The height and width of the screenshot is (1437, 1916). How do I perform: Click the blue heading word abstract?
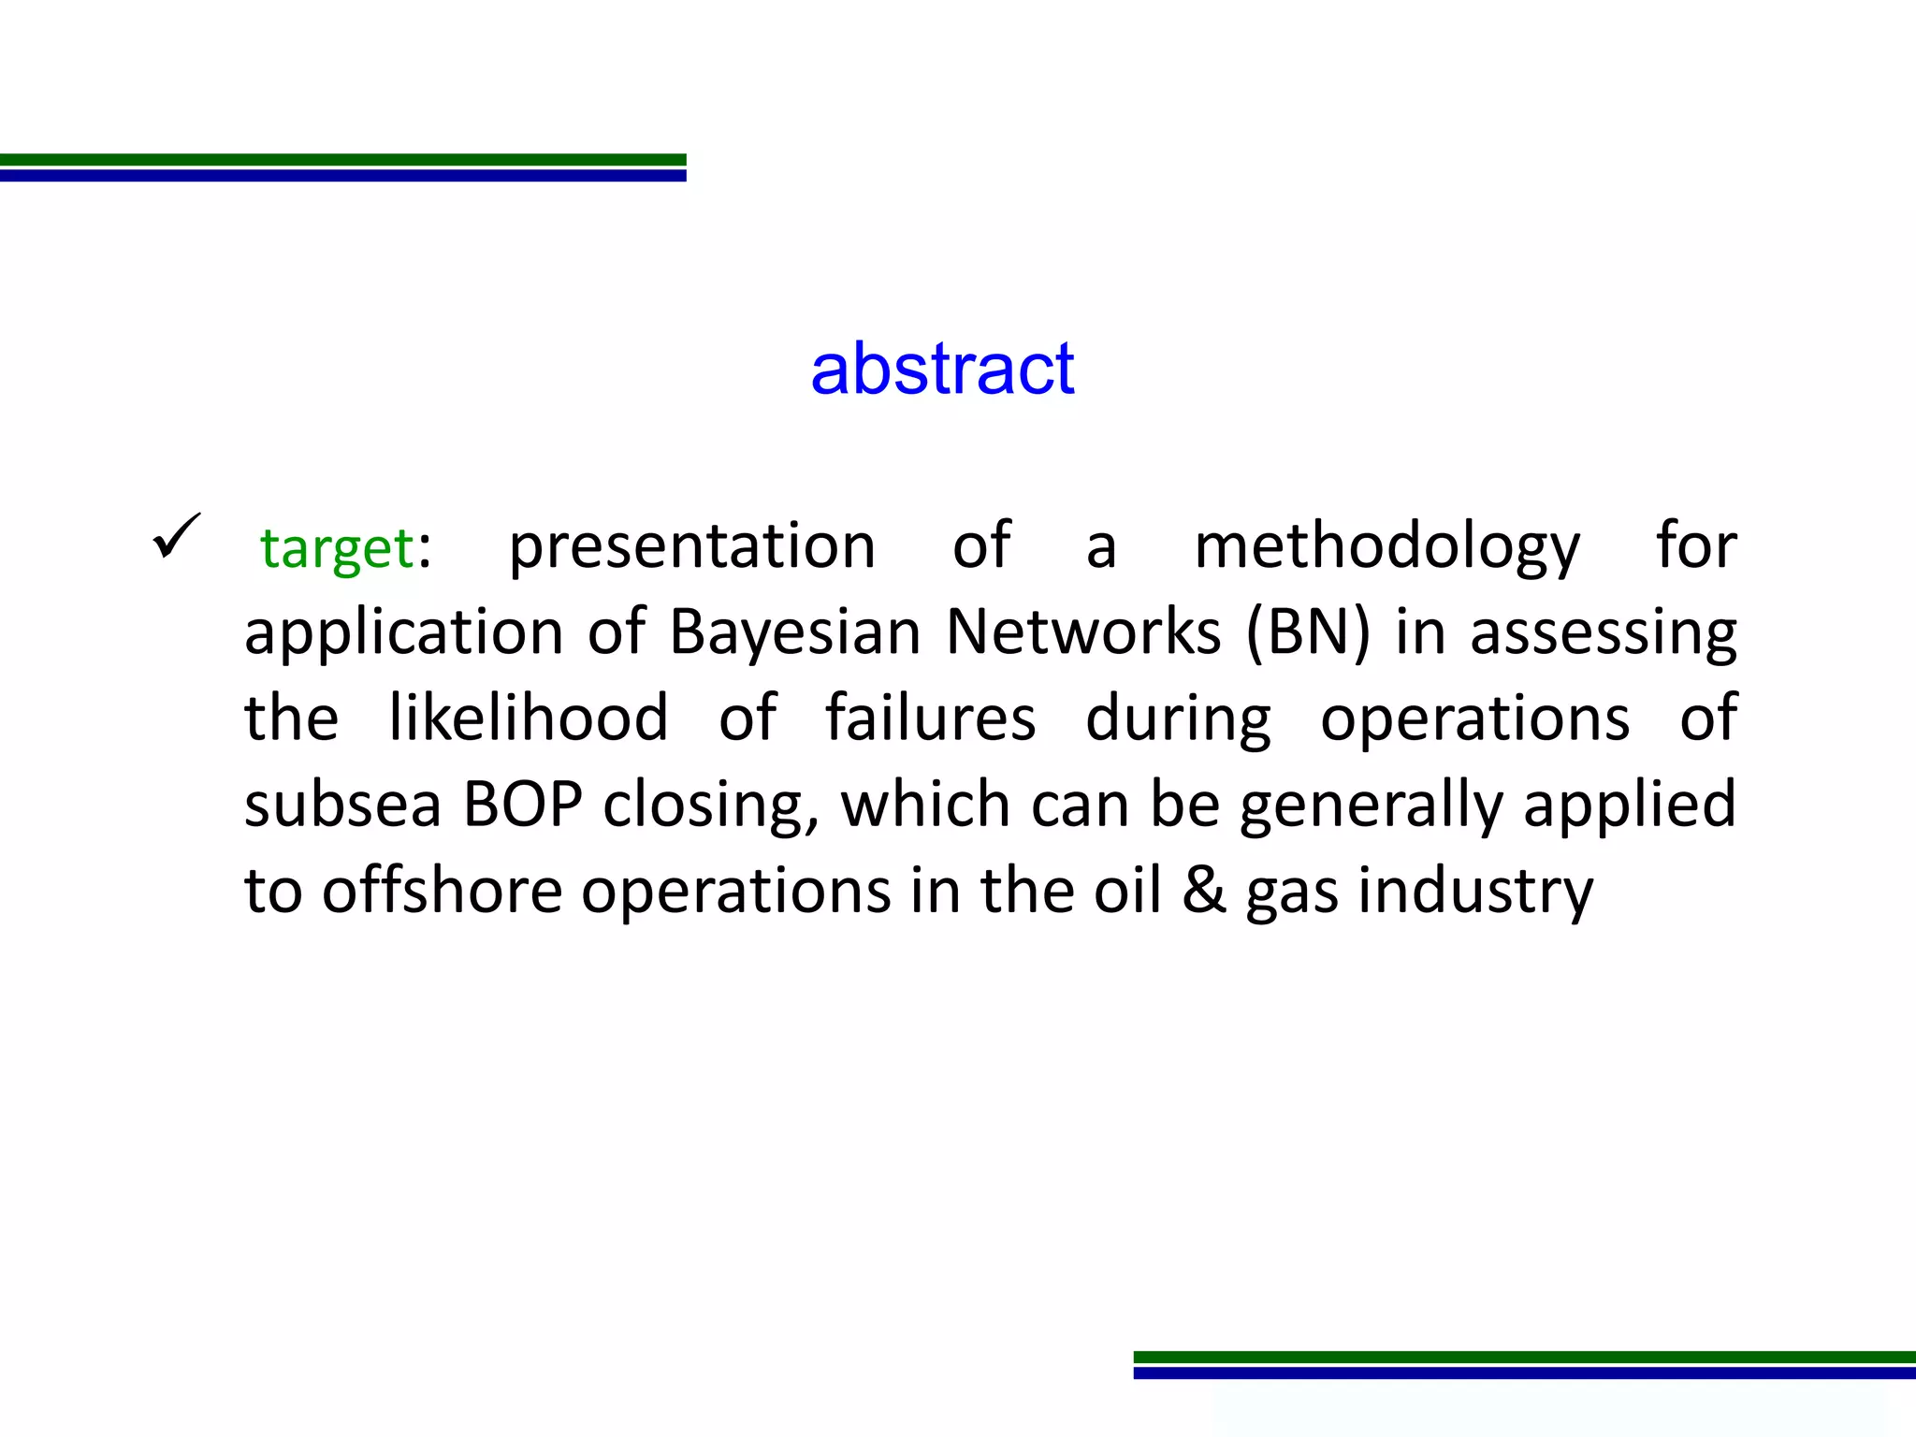(942, 369)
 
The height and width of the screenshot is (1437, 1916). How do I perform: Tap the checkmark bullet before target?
(175, 536)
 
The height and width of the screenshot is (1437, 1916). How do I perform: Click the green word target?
(337, 548)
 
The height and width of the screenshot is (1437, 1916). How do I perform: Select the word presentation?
(691, 546)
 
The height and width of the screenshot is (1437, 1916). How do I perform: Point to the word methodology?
(1387, 546)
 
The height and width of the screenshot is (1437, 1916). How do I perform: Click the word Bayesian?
(795, 632)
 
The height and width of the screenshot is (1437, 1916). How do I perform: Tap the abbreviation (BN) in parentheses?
(1308, 632)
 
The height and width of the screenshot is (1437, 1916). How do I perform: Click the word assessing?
(1604, 634)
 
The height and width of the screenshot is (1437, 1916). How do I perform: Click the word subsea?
(342, 805)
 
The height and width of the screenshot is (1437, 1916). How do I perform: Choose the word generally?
(1371, 806)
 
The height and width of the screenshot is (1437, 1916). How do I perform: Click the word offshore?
(442, 891)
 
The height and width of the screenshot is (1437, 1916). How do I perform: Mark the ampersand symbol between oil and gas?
(1203, 891)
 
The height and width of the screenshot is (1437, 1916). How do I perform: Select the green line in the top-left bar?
(342, 160)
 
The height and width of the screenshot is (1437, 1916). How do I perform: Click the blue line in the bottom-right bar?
(1524, 1372)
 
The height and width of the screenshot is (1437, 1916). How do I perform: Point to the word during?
(1178, 719)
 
